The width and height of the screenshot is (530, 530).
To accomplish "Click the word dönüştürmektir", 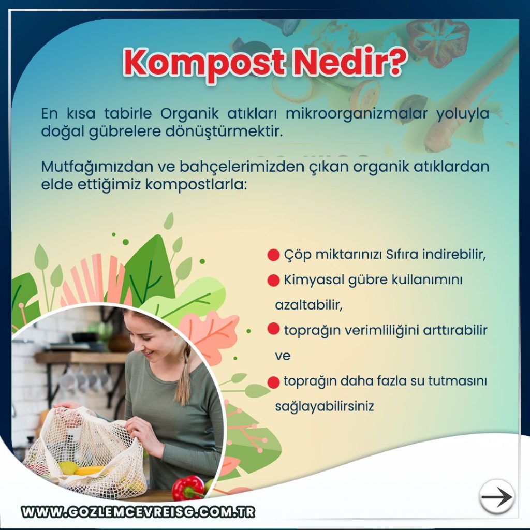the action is tap(224, 131).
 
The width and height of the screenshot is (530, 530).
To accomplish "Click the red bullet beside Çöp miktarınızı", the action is tap(273, 255).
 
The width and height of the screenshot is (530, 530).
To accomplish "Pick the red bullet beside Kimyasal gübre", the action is tap(273, 280).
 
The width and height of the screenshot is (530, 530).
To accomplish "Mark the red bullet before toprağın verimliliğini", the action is tap(273, 329).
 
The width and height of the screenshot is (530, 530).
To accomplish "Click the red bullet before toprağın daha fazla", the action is tap(273, 382).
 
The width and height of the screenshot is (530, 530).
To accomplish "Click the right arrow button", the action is tap(496, 496).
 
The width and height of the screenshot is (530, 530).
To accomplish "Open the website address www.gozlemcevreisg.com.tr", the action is tap(138, 512).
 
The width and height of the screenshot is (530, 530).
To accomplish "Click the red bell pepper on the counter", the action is tap(188, 488).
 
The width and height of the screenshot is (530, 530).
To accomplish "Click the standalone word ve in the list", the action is tap(283, 356).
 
